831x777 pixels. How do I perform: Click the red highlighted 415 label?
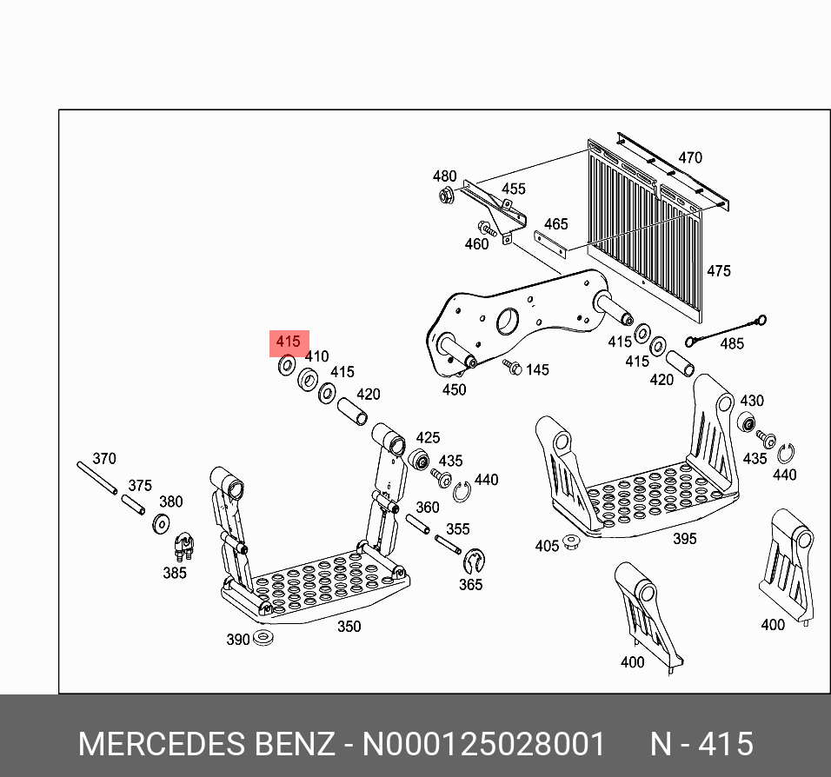point(288,342)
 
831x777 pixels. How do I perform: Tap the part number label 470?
point(689,157)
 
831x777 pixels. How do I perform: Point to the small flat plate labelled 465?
point(550,243)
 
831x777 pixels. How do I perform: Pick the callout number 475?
point(718,271)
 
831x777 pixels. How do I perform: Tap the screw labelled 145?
point(513,368)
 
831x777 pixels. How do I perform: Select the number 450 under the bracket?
point(454,390)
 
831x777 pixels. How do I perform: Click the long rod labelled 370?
point(96,478)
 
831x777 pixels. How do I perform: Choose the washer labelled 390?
point(264,640)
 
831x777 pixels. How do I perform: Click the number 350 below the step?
point(348,627)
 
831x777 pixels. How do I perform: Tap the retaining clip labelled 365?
point(474,562)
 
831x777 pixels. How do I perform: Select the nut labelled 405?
point(571,543)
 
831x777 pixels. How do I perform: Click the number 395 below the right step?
point(684,539)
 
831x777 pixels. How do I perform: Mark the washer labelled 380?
point(161,523)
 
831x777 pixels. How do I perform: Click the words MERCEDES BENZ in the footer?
point(205,745)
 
